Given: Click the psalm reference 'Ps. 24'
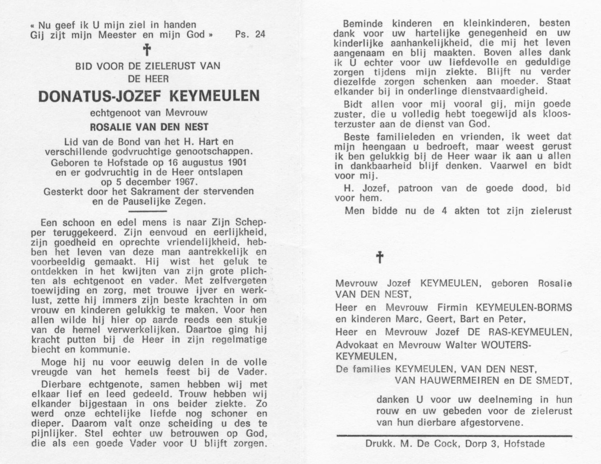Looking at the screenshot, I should pyautogui.click(x=250, y=35).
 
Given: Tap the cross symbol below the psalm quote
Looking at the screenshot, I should pyautogui.click(x=147, y=50).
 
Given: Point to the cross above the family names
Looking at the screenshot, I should pyautogui.click(x=380, y=257).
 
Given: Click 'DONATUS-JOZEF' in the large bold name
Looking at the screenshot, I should pyautogui.click(x=100, y=96).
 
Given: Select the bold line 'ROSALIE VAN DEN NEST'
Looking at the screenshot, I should pyautogui.click(x=149, y=127).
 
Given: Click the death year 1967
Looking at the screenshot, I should pyautogui.click(x=185, y=182).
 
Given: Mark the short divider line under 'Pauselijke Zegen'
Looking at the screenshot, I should pyautogui.click(x=148, y=211).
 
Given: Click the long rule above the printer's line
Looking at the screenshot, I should pyautogui.click(x=454, y=436).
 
